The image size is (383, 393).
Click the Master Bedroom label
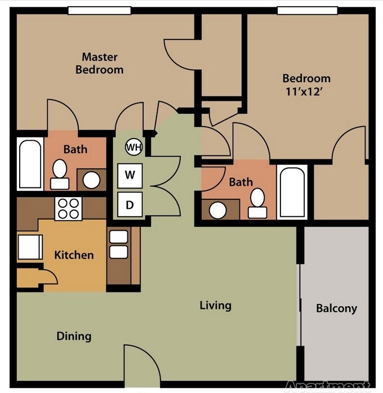[x=99, y=63]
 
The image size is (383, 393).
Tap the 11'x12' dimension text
[x=306, y=92]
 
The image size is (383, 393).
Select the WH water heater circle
[x=133, y=148]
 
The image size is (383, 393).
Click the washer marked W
[x=130, y=175]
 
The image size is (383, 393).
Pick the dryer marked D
[x=130, y=204]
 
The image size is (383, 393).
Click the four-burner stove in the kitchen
[x=69, y=208]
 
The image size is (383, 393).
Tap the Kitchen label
[x=74, y=255]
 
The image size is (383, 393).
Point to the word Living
[x=215, y=306]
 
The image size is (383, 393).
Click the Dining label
[x=74, y=337]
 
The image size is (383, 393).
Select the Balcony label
[x=336, y=309]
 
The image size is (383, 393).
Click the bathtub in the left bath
[x=29, y=163]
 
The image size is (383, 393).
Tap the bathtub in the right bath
[x=292, y=191]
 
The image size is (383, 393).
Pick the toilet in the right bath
[x=258, y=203]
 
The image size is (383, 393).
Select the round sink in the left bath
[x=91, y=180]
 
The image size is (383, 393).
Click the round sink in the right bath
[x=217, y=210]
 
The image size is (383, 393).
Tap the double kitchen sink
[x=118, y=244]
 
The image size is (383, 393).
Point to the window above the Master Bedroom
[x=99, y=10]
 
